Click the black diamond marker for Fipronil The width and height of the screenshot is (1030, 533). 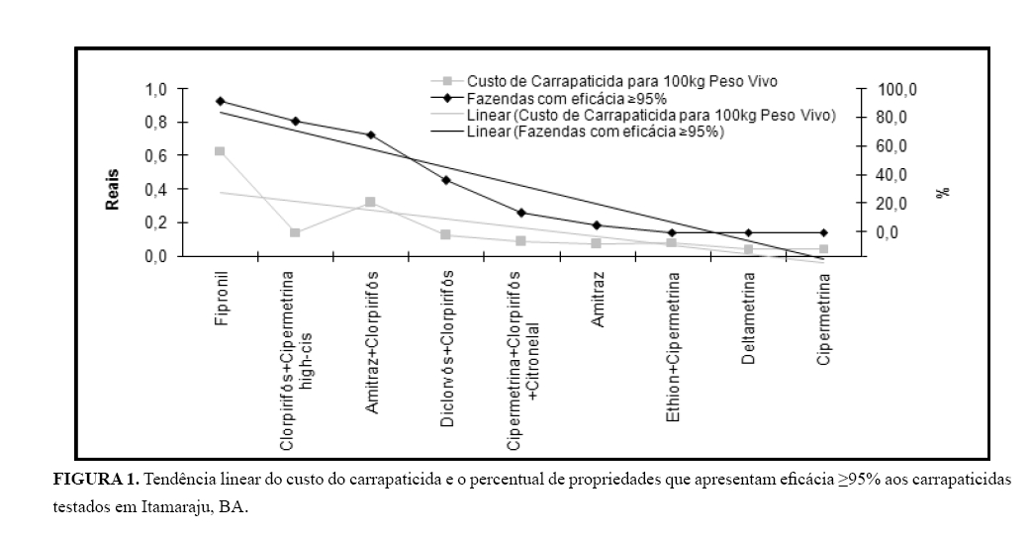[x=220, y=101]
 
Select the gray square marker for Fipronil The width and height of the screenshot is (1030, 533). [x=220, y=151]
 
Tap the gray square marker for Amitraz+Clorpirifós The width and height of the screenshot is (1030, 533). [x=370, y=202]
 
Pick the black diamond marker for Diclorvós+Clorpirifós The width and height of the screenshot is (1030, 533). [x=446, y=180]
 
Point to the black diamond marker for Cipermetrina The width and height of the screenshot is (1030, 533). [x=823, y=232]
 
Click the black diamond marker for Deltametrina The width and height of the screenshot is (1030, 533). [x=748, y=232]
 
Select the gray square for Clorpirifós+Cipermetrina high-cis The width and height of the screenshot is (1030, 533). [x=295, y=232]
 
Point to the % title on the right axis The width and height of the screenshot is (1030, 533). [x=941, y=191]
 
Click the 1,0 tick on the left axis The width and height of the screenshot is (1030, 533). [x=155, y=90]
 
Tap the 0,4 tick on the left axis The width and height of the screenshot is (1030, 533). [x=155, y=190]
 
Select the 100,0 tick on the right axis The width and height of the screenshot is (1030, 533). [x=899, y=90]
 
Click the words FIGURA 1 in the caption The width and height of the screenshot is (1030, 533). [x=95, y=480]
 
